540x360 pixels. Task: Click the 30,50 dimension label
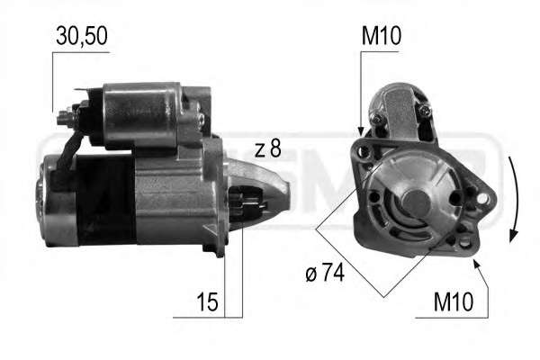(x=82, y=36)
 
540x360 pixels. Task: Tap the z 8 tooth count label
(x=268, y=148)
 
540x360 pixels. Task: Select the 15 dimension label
(x=207, y=301)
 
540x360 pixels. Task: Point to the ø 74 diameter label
(x=325, y=273)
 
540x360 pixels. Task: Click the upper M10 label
(x=382, y=36)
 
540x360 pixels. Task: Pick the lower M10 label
(x=454, y=301)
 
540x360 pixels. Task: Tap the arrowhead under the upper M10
(x=361, y=131)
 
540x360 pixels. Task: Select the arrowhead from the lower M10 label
(x=477, y=265)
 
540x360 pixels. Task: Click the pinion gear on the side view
(x=246, y=203)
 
